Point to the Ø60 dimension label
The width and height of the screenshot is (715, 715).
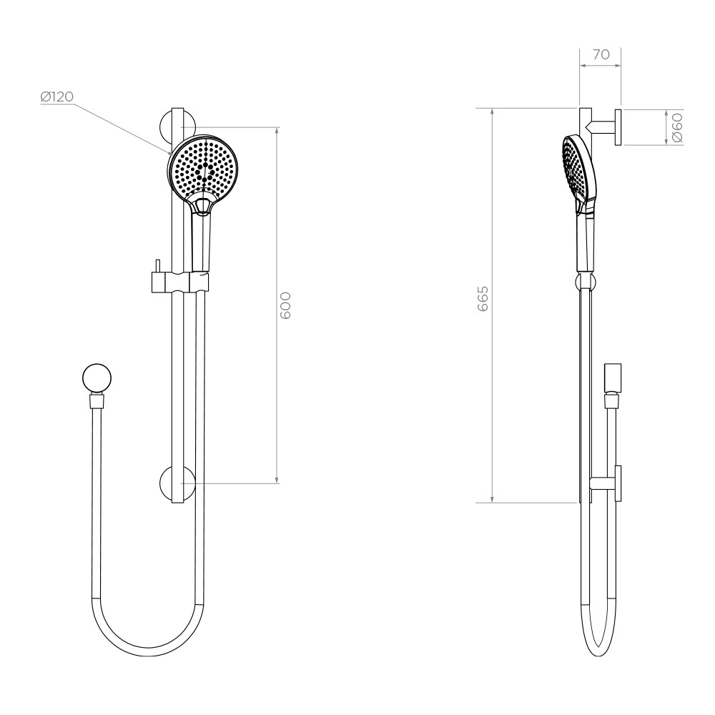click(x=677, y=127)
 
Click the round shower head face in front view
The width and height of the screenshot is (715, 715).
click(x=204, y=169)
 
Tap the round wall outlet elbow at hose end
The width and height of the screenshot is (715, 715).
click(x=97, y=378)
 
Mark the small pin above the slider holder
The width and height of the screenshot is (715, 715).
click(x=155, y=265)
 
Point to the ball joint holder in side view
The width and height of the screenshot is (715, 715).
click(x=585, y=281)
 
